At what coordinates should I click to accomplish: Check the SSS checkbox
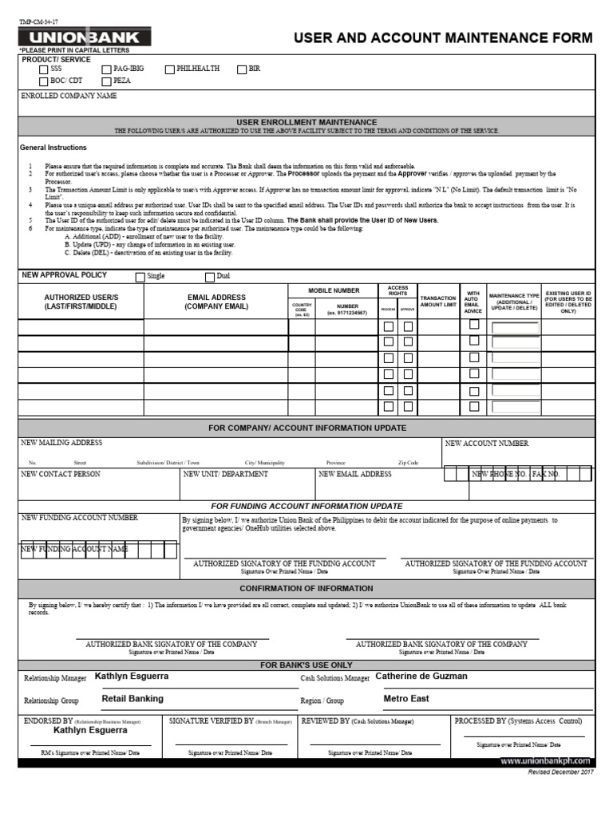pyautogui.click(x=43, y=70)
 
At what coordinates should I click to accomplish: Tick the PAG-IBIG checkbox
pyautogui.click(x=105, y=70)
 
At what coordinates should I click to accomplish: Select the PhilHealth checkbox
pyautogui.click(x=169, y=70)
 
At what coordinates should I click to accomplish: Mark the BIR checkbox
pyautogui.click(x=241, y=70)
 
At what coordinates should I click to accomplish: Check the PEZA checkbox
pyautogui.click(x=105, y=81)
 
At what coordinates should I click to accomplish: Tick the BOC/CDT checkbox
pyautogui.click(x=43, y=81)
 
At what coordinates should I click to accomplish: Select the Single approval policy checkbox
pyautogui.click(x=140, y=278)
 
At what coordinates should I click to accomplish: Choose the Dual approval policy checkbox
pyautogui.click(x=210, y=278)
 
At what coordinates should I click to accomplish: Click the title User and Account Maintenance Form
pyautogui.click(x=443, y=38)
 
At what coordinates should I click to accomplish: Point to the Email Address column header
pyautogui.click(x=216, y=302)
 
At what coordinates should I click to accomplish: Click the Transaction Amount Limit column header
pyautogui.click(x=437, y=301)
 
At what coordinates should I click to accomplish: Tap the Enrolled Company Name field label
pyautogui.click(x=69, y=96)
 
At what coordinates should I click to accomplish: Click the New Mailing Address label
pyautogui.click(x=61, y=443)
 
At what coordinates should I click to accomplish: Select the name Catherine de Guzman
pyautogui.click(x=421, y=677)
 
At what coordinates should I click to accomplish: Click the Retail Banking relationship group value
pyautogui.click(x=132, y=698)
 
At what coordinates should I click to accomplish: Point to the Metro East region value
pyautogui.click(x=405, y=699)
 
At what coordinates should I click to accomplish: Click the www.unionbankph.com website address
pyautogui.click(x=545, y=762)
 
